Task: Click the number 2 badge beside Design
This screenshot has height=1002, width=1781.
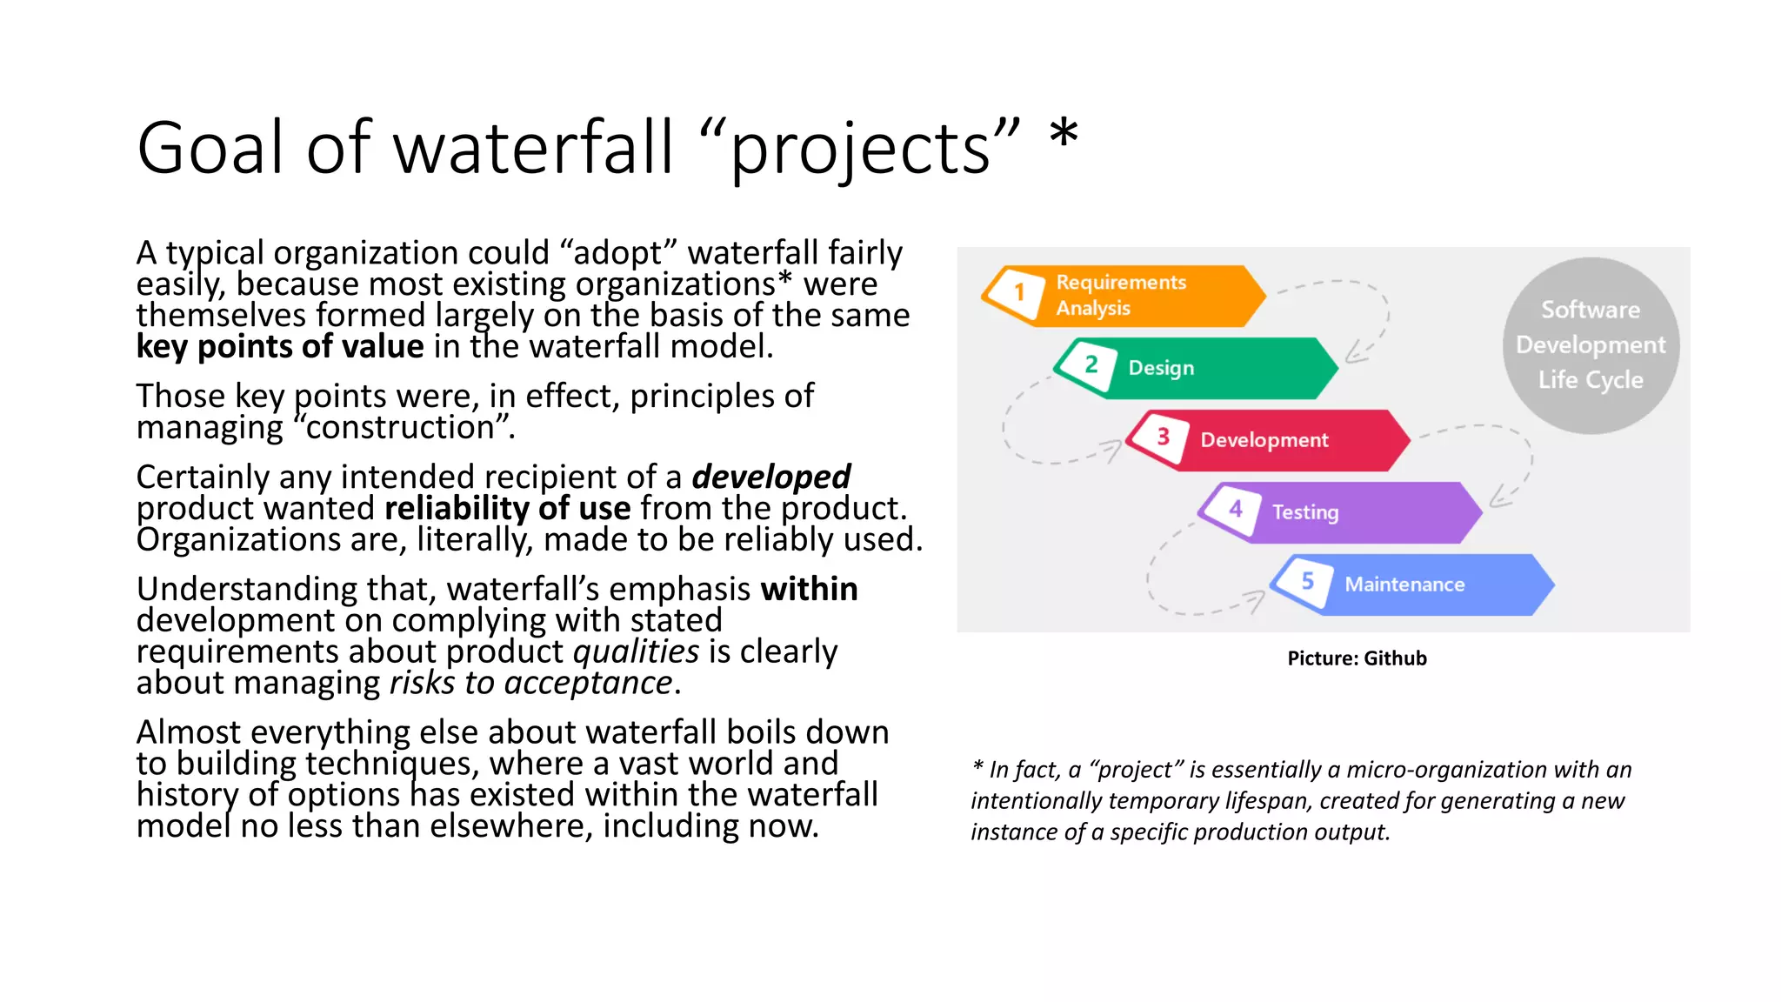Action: pyautogui.click(x=1091, y=365)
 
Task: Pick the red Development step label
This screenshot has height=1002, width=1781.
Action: pyautogui.click(x=1264, y=440)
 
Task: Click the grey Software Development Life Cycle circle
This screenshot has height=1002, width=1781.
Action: pyautogui.click(x=1590, y=345)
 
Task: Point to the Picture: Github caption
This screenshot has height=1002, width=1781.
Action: pyautogui.click(x=1357, y=658)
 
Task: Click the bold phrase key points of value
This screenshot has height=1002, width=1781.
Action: pyautogui.click(x=279, y=347)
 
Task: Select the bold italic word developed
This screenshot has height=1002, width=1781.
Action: pyautogui.click(x=770, y=477)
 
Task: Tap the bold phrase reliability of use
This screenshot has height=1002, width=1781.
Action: pyautogui.click(x=507, y=508)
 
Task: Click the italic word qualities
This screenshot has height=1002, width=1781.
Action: pyautogui.click(x=636, y=651)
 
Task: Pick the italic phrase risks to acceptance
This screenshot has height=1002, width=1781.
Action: pyautogui.click(x=530, y=683)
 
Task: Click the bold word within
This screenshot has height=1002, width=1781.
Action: pyautogui.click(x=809, y=589)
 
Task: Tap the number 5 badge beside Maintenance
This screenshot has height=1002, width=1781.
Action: pyautogui.click(x=1307, y=581)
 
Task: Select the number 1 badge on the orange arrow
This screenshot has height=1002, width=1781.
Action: pyautogui.click(x=1019, y=292)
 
